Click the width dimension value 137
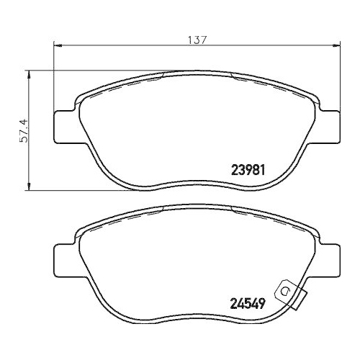199,41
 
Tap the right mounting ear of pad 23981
329,126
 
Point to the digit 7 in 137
205,41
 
